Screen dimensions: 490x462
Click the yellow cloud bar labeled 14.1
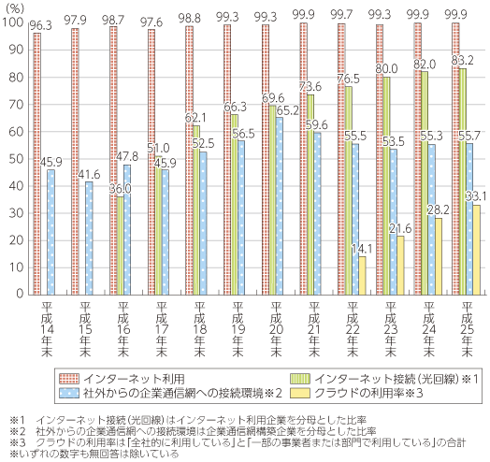(362, 276)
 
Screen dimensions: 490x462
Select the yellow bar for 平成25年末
(476, 250)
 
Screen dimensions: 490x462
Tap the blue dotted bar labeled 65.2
(280, 207)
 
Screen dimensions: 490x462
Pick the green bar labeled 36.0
(120, 246)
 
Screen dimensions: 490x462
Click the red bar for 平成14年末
(36, 164)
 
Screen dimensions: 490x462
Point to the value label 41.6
(89, 175)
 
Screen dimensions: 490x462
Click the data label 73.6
(310, 86)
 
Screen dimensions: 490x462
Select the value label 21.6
(400, 229)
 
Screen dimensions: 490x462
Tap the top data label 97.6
(151, 22)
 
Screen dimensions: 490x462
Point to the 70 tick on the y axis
(16, 105)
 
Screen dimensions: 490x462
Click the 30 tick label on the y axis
(16, 213)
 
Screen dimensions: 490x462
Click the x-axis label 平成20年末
(276, 329)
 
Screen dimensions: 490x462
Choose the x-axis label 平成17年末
(161, 329)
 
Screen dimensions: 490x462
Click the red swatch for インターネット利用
(69, 379)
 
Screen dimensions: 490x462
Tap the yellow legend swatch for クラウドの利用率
(300, 393)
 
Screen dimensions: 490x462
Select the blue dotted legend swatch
(69, 393)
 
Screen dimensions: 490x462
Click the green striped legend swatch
(300, 379)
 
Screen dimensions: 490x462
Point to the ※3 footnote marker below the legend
(18, 442)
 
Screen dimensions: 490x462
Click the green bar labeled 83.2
(463, 181)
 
